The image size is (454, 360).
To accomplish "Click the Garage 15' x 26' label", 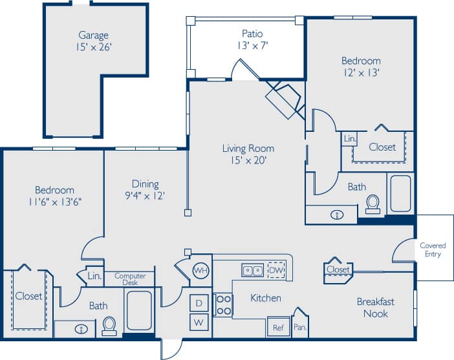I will pyautogui.click(x=93, y=41).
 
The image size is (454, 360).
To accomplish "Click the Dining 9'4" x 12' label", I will pyautogui.click(x=145, y=189).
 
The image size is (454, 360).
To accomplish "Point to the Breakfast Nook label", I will pyautogui.click(x=375, y=308).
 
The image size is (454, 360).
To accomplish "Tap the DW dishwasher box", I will pyautogui.click(x=276, y=270).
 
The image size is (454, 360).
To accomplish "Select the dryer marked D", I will pyautogui.click(x=199, y=302).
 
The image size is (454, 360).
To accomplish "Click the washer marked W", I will pyautogui.click(x=199, y=322).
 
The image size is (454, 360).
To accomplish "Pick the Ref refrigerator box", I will pyautogui.click(x=278, y=327).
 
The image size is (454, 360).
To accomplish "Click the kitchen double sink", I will pyautogui.click(x=252, y=270).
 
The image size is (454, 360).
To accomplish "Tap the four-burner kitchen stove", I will pyautogui.click(x=223, y=305).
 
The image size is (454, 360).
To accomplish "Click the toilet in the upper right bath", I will pyautogui.click(x=373, y=204).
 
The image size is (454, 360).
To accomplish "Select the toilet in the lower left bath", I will pyautogui.click(x=109, y=326).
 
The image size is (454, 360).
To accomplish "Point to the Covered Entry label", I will pyautogui.click(x=433, y=250).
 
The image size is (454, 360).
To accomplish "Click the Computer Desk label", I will pyautogui.click(x=130, y=279).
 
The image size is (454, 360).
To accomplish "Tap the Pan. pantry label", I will pyautogui.click(x=300, y=328).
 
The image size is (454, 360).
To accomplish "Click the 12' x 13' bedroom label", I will pyautogui.click(x=361, y=67).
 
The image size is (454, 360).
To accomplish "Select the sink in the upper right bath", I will pyautogui.click(x=336, y=214).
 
